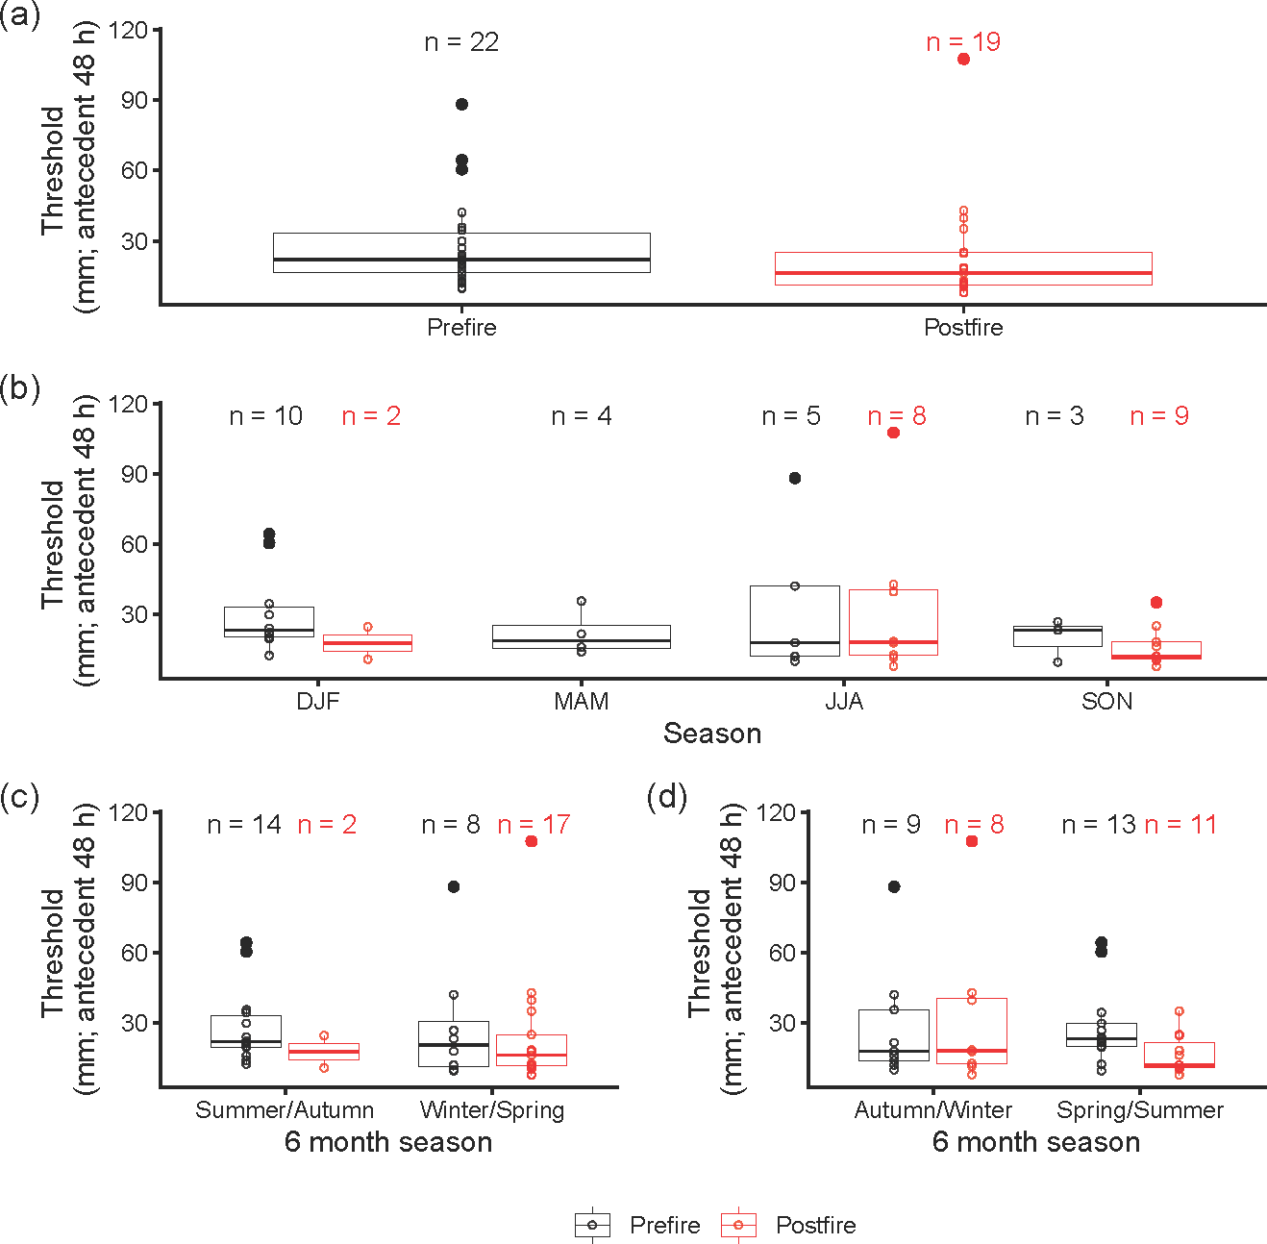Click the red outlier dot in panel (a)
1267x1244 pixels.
pos(963,60)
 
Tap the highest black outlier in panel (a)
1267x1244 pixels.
pos(461,105)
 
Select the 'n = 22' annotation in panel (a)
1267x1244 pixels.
pos(461,42)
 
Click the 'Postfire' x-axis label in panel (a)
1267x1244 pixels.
pos(963,328)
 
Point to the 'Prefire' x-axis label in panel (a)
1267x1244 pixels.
pos(461,328)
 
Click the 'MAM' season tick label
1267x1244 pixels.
pos(582,702)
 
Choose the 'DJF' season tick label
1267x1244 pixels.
pos(318,702)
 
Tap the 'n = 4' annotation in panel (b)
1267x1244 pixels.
pos(582,416)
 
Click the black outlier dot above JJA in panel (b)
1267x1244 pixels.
pos(795,479)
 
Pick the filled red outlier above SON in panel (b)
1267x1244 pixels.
pos(1156,603)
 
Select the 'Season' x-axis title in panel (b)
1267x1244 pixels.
pos(712,734)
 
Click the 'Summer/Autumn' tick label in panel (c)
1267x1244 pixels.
pos(285,1110)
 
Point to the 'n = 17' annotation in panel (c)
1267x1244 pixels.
pos(534,825)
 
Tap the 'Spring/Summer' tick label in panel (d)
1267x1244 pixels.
pos(1140,1110)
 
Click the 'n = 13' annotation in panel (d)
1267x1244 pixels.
pos(1099,825)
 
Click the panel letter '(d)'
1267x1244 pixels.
pos(667,797)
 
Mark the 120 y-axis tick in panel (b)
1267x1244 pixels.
pos(129,405)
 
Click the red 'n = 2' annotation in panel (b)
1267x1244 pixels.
pos(371,416)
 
